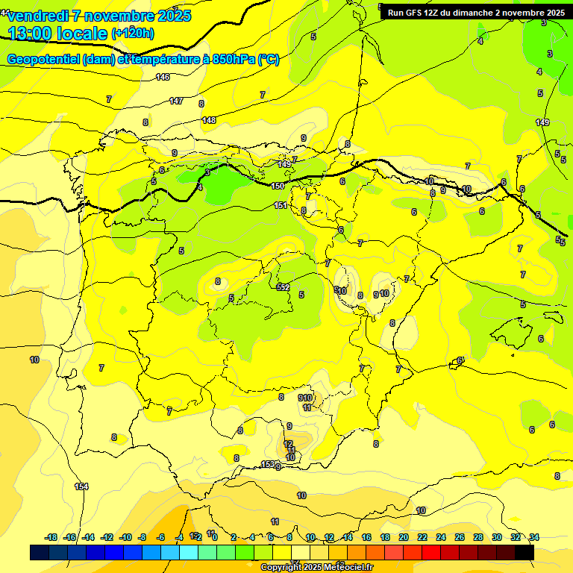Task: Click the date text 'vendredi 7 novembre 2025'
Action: coord(98,16)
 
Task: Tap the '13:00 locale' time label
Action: coord(58,33)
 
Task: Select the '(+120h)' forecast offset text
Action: coord(133,33)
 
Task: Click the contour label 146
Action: coord(163,77)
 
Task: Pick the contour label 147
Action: coord(176,101)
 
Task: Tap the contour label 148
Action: coord(209,120)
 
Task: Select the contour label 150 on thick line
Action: coord(278,186)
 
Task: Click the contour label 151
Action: coord(281,205)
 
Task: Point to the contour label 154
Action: coord(81,486)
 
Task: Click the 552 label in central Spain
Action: coord(283,287)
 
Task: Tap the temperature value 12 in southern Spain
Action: coord(288,444)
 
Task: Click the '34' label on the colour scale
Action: coord(533,537)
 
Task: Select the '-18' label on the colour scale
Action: coord(51,537)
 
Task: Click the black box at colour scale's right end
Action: coord(525,552)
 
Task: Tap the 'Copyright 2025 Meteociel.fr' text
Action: coord(316,568)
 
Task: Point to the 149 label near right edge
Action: coord(542,122)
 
